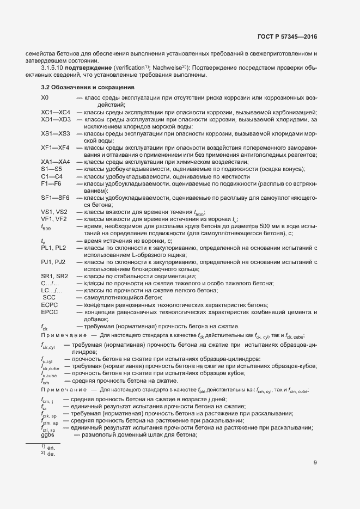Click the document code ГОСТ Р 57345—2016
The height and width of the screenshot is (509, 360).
point(287,37)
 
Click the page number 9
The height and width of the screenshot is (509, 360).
point(315,463)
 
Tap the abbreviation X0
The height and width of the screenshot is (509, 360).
point(45,97)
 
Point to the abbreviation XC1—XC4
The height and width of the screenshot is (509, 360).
point(56,112)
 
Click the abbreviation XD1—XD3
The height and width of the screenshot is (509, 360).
point(56,119)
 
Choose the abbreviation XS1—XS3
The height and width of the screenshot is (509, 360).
point(56,133)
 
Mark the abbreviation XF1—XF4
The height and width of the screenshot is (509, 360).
point(55,148)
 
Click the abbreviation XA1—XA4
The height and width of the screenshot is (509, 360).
point(56,162)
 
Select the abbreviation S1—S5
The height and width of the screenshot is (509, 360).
point(51,169)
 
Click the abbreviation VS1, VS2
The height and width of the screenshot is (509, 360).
point(54,212)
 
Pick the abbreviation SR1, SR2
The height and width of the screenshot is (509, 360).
point(54,276)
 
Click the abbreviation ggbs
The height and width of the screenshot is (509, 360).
point(47,435)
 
